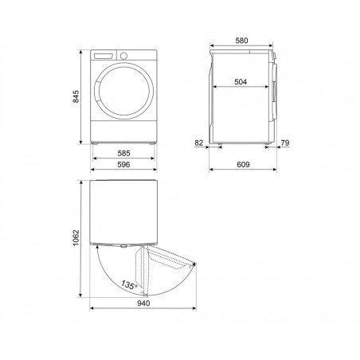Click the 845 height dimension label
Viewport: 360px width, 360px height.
click(76, 96)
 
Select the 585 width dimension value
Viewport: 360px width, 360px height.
click(123, 153)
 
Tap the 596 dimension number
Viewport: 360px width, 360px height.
click(123, 165)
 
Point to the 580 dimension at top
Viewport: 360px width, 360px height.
click(241, 41)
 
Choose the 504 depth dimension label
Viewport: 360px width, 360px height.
click(241, 82)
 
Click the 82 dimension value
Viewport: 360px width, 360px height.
click(199, 143)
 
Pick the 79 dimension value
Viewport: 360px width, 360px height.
click(285, 143)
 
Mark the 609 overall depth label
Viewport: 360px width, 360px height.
click(243, 165)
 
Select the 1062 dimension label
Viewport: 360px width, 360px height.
click(76, 238)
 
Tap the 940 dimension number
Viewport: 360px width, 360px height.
click(143, 303)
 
